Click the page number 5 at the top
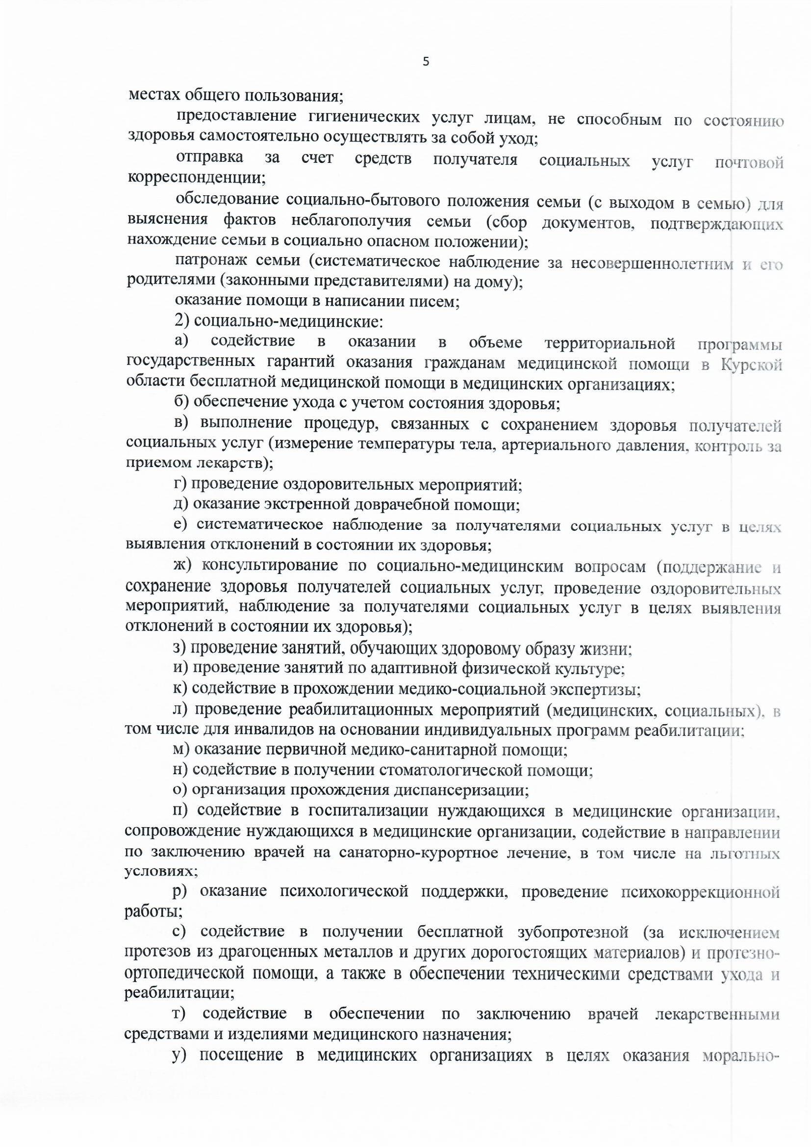coord(426,62)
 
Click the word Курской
coord(751,365)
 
